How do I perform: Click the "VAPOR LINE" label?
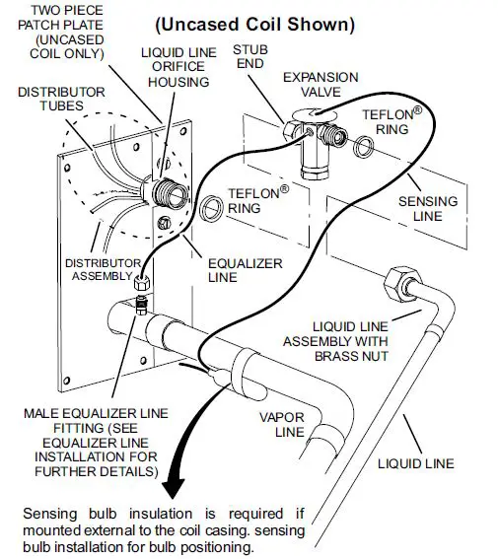pyautogui.click(x=280, y=424)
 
